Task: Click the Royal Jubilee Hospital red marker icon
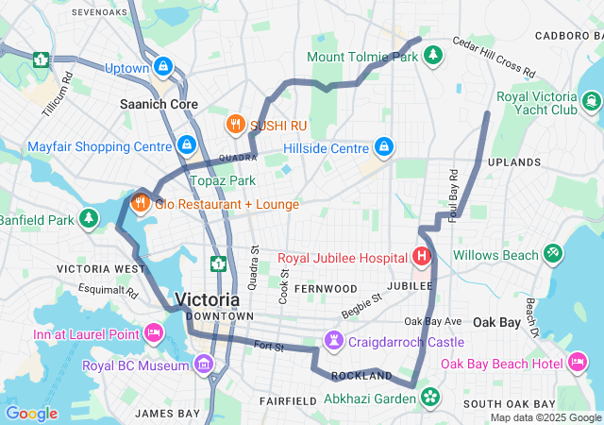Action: click(x=421, y=256)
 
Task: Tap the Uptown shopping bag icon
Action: click(x=164, y=67)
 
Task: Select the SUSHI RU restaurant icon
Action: click(x=235, y=123)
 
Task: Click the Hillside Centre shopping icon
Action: click(x=384, y=147)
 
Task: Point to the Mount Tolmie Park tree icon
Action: click(x=432, y=56)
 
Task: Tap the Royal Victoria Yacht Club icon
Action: click(x=592, y=102)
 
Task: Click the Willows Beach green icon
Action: click(x=552, y=254)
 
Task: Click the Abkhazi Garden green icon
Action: click(x=430, y=398)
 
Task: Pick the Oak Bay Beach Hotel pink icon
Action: click(x=577, y=363)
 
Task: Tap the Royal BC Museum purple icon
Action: click(x=203, y=365)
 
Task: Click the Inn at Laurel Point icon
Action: click(x=153, y=332)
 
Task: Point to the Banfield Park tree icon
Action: click(x=88, y=220)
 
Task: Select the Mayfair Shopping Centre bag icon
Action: click(x=187, y=145)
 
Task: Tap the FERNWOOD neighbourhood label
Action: click(x=325, y=288)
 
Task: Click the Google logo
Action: click(x=31, y=414)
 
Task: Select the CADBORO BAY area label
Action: click(x=568, y=35)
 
